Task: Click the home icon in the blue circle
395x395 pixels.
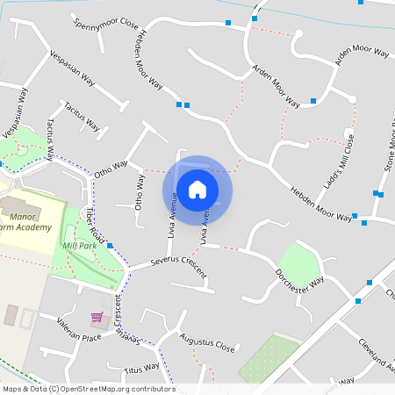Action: [197, 189]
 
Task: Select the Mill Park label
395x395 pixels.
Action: [80, 246]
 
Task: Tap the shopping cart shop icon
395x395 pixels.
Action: [97, 318]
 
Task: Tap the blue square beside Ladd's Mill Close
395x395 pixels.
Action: [313, 102]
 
